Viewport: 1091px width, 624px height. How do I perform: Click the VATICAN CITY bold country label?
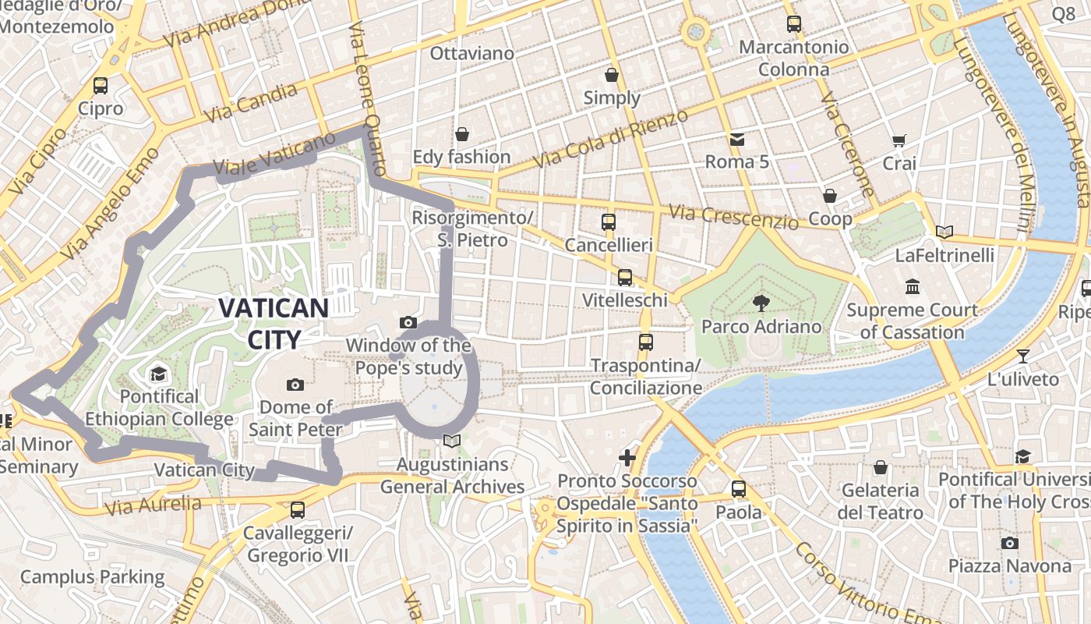point(273,323)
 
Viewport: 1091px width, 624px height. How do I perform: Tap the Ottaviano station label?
point(472,53)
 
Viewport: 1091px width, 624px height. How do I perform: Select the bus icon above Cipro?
point(101,86)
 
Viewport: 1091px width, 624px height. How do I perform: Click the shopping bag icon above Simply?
point(612,75)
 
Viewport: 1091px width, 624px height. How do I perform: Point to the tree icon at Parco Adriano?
point(761,303)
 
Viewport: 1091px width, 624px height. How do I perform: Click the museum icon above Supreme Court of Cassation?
point(912,286)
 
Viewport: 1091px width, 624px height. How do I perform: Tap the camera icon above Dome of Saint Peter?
point(295,384)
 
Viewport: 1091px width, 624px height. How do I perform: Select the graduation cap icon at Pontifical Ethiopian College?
point(159,374)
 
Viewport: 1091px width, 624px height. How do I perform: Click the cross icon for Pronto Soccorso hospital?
point(627,457)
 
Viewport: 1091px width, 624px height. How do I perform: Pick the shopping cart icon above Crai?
point(899,140)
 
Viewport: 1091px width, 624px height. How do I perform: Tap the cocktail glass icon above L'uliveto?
point(1023,356)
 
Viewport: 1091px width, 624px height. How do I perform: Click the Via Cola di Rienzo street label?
point(611,140)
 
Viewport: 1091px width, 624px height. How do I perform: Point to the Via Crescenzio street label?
point(734,216)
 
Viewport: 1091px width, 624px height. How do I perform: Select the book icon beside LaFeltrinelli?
point(944,232)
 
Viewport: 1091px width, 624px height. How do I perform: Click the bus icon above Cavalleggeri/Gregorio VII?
point(297,510)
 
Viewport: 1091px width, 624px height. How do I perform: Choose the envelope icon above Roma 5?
point(736,140)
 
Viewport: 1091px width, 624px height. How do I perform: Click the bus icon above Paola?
point(739,489)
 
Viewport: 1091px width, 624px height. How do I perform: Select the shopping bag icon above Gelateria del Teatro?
point(881,467)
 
